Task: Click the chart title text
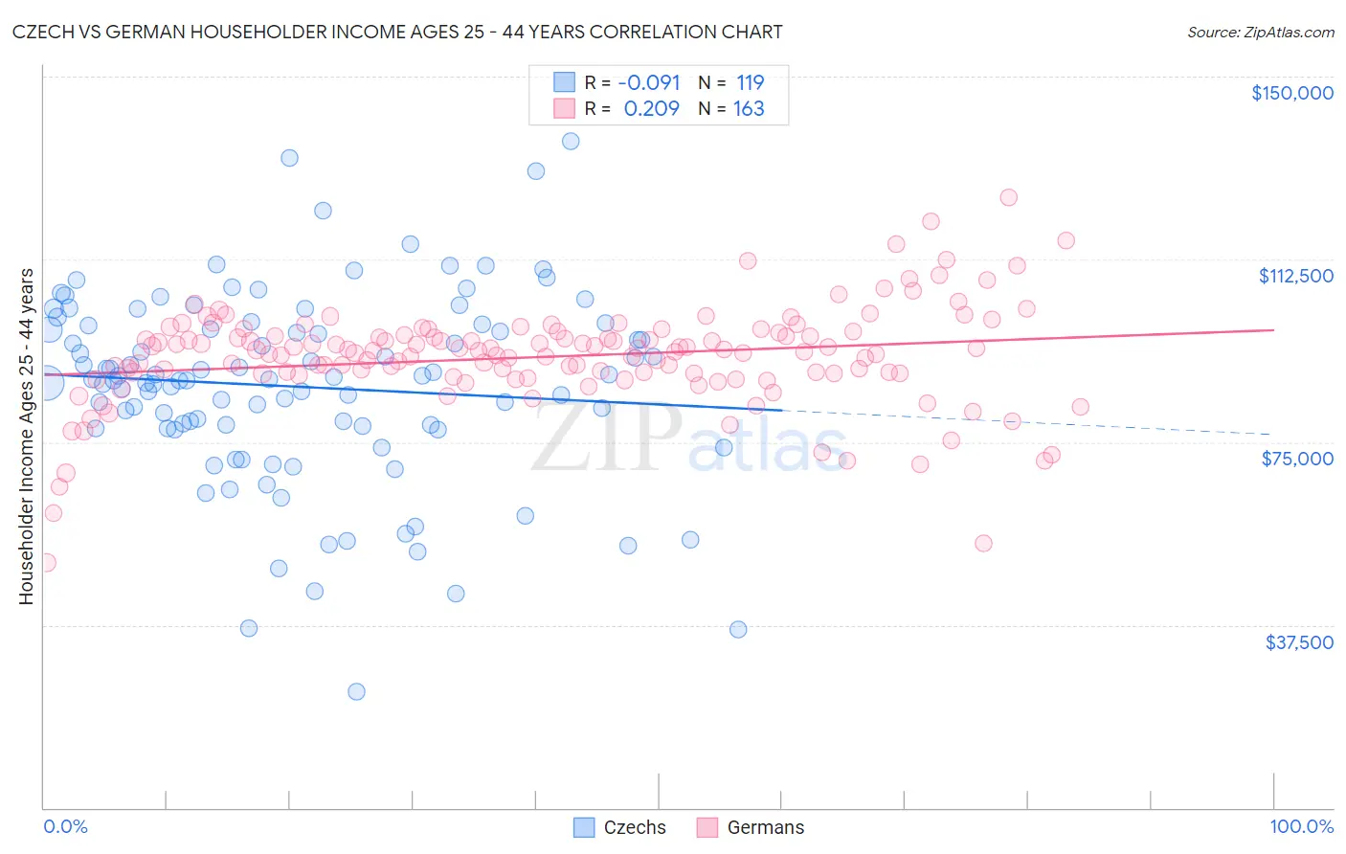398,32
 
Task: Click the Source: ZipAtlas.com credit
1260,32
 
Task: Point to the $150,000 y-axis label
1291,93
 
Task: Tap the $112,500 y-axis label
1295,276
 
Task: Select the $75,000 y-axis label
1297,459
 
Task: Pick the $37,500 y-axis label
1298,642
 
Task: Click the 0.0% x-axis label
65,826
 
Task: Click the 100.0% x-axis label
1301,826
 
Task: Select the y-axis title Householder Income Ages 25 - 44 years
26,436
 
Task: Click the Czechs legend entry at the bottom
619,827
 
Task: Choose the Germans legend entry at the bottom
751,827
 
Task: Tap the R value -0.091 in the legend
648,82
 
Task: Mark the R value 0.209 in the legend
651,108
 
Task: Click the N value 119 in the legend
750,82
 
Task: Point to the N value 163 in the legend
749,108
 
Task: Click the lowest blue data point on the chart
356,691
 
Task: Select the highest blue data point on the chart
571,141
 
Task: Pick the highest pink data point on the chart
1008,197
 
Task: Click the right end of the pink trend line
1273,329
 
